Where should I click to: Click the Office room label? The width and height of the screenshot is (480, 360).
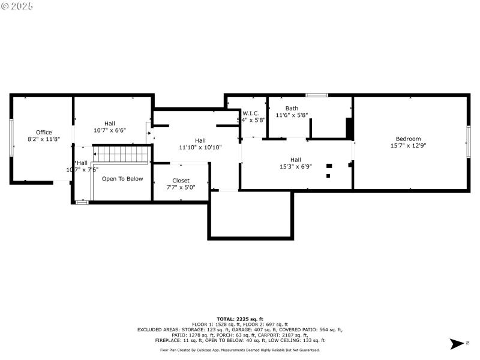(x=44, y=133)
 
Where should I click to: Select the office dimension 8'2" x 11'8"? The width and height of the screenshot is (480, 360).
(x=44, y=139)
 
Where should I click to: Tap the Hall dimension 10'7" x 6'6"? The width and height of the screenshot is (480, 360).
(x=110, y=130)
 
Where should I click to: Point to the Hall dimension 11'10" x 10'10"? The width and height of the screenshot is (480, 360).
(x=200, y=147)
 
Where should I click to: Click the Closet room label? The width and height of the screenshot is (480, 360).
(x=181, y=181)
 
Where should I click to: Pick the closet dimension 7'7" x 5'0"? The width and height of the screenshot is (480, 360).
(x=181, y=187)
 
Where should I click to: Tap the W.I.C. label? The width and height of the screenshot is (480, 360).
(x=251, y=113)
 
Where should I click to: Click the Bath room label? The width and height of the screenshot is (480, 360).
(x=292, y=109)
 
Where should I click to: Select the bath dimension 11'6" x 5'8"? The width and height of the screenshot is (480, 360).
(x=292, y=115)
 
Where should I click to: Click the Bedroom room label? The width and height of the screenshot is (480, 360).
(x=408, y=139)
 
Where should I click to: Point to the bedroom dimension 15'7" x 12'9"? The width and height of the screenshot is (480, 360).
(x=408, y=145)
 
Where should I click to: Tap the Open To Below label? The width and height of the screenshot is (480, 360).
(x=122, y=179)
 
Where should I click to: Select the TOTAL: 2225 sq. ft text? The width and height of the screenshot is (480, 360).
(x=239, y=319)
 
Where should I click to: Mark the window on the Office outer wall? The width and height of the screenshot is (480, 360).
(x=11, y=138)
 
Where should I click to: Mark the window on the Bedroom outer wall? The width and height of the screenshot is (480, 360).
(x=469, y=142)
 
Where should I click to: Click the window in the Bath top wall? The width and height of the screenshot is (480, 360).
(x=316, y=95)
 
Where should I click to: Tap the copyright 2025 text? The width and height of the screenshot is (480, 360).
(x=17, y=6)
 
